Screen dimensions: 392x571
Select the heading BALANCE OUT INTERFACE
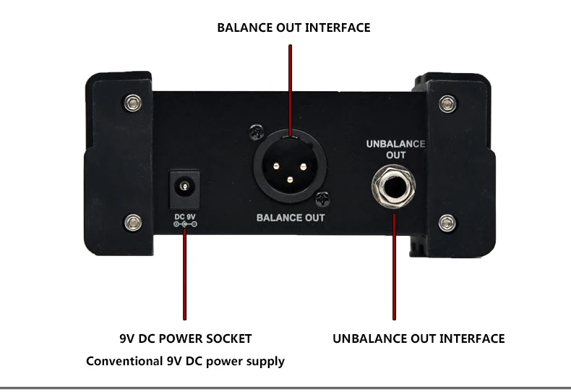293,28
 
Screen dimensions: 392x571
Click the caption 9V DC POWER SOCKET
185,338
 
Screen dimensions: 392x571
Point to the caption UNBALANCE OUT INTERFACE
418,338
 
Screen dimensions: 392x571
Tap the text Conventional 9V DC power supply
185,360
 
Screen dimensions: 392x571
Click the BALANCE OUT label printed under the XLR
291,217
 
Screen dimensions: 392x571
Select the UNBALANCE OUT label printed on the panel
395,149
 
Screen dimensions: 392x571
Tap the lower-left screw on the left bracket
132,221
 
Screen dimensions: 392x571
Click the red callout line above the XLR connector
290,87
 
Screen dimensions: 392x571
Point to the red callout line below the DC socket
185,275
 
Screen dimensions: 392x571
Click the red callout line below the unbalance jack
394,268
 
